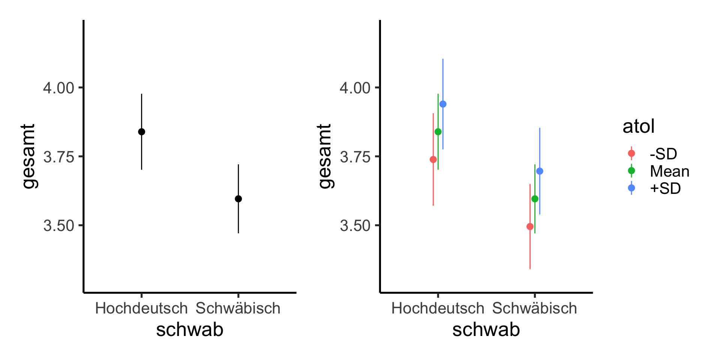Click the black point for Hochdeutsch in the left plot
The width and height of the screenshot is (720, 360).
tap(141, 132)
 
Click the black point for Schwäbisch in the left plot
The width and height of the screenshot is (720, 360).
tap(238, 199)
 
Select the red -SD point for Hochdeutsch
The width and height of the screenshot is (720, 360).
tap(433, 159)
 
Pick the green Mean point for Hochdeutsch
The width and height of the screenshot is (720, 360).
tap(438, 132)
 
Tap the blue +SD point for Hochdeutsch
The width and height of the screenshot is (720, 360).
tap(443, 104)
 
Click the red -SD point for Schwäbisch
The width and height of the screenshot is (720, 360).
tap(530, 226)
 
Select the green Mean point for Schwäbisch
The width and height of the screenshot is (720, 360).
tap(535, 199)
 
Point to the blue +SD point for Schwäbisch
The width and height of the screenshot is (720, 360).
tap(540, 171)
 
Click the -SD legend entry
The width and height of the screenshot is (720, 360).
tap(663, 154)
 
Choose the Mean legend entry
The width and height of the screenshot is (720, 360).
tap(669, 171)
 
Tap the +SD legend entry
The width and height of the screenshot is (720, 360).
tap(665, 188)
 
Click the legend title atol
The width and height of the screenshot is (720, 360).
tap(638, 126)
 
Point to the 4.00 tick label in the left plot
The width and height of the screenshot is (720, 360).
tap(58, 88)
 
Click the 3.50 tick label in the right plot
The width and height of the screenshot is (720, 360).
tap(355, 226)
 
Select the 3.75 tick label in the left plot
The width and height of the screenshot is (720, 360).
tap(58, 157)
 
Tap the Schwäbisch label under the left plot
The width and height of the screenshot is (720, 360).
tap(238, 308)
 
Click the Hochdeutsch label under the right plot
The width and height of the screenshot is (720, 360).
tap(438, 308)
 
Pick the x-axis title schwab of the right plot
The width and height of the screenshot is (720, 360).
tap(486, 330)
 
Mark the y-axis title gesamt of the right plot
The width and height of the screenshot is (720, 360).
tap(325, 156)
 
